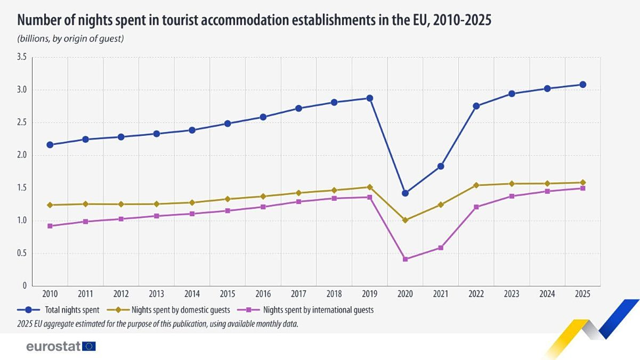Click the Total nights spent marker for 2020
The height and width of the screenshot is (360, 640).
[405, 193]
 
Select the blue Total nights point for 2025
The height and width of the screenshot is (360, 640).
[582, 85]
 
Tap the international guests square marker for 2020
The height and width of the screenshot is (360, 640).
[405, 259]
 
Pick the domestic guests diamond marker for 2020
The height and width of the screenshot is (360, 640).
[405, 220]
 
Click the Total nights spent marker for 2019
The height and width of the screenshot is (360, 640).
[369, 98]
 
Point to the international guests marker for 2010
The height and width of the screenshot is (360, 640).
[50, 226]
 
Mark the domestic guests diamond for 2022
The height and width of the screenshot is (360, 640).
[476, 185]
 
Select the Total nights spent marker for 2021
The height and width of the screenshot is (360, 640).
[441, 166]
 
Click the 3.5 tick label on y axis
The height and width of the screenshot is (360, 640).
[21, 57]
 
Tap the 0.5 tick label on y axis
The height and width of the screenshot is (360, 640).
[21, 253]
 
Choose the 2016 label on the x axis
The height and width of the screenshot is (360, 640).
[263, 294]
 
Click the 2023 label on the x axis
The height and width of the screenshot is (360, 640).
[512, 294]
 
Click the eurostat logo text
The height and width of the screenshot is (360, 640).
[53, 346]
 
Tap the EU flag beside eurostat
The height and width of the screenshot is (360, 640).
[90, 346]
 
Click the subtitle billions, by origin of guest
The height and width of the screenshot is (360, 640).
[70, 38]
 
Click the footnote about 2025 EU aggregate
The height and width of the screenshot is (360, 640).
[158, 323]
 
